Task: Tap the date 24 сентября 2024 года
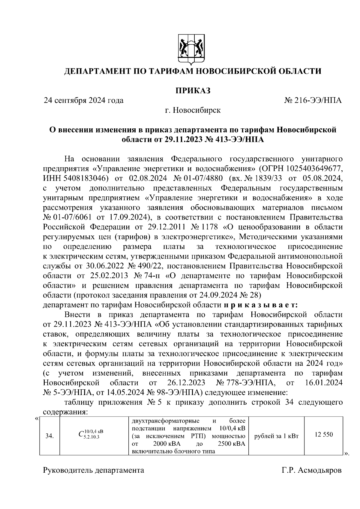click(84, 100)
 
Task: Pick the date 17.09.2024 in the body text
click(129, 217)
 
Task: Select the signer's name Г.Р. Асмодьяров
click(311, 470)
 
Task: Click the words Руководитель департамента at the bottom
click(94, 470)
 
